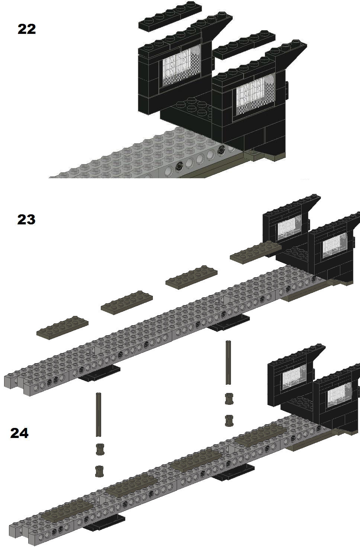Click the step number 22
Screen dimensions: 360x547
point(27,29)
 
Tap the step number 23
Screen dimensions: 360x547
point(26,219)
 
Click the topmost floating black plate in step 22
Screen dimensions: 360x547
point(170,17)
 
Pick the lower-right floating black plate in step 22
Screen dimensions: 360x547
point(244,45)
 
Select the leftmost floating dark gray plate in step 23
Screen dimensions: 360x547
point(62,327)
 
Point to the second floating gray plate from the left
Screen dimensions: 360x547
point(127,302)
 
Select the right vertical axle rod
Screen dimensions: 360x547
point(228,363)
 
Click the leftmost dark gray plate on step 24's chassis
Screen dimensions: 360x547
point(67,510)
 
